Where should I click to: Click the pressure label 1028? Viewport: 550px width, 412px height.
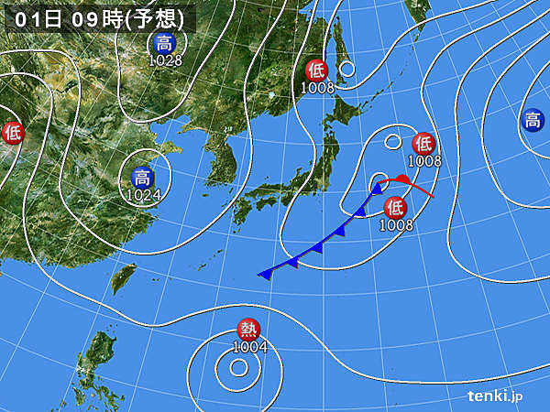166,60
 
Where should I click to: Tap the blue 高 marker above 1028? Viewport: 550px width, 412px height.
165,43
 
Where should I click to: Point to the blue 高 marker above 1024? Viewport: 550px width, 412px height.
144,178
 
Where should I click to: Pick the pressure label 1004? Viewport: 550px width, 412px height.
249,347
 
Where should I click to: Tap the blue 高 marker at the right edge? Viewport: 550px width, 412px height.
532,120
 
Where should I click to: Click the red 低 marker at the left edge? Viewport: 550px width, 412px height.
11,133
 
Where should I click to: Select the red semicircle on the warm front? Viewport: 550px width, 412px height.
401,179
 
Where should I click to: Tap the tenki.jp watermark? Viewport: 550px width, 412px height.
495,396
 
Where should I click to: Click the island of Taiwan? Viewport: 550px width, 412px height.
123,277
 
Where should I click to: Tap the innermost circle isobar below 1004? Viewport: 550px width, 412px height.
238,368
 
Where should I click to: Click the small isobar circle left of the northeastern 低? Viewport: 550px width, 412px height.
392,142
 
